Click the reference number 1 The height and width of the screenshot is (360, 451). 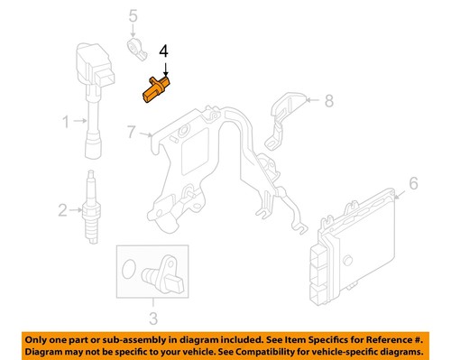point(65,120)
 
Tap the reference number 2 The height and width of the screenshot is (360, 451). point(63,211)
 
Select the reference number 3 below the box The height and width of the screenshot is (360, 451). point(152,317)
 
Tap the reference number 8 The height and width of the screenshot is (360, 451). point(328,100)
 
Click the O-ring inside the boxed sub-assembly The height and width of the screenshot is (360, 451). point(130,268)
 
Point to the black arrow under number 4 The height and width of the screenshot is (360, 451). point(164,70)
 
